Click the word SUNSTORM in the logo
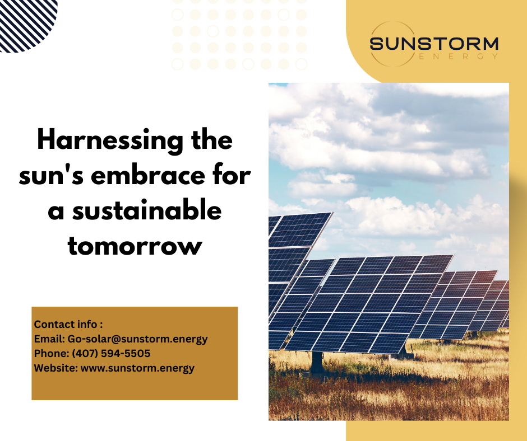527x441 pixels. point(434,44)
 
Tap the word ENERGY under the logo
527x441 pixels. point(459,56)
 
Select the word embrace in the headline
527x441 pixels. point(147,176)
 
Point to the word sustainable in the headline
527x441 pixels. point(147,211)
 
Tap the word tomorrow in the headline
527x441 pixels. point(135,246)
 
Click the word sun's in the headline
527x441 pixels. point(51,176)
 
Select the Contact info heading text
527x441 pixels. point(68,324)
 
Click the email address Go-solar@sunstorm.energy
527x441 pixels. point(137,339)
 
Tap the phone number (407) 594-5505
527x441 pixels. point(111,353)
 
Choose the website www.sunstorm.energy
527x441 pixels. point(137,368)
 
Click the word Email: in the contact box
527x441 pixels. point(49,339)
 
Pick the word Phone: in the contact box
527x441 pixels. point(52,353)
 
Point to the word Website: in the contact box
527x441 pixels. point(56,368)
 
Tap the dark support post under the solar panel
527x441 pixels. point(317,363)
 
